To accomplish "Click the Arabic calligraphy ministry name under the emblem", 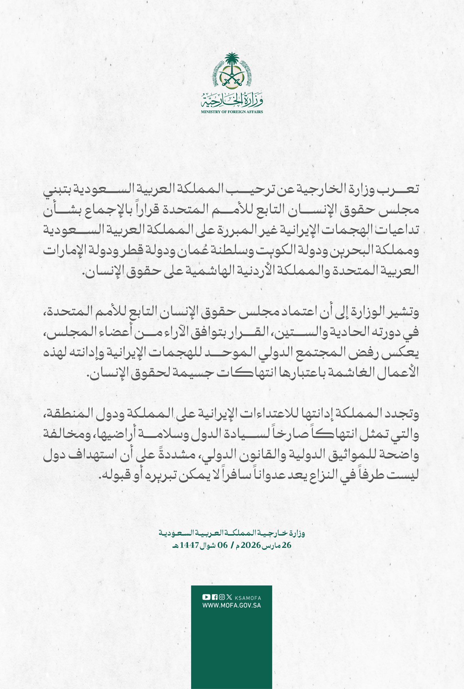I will [232, 99].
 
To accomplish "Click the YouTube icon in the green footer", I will [206, 597].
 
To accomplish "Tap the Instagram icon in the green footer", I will [222, 597].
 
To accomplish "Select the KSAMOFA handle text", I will [248, 598].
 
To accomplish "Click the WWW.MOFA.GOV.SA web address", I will [231, 605].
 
